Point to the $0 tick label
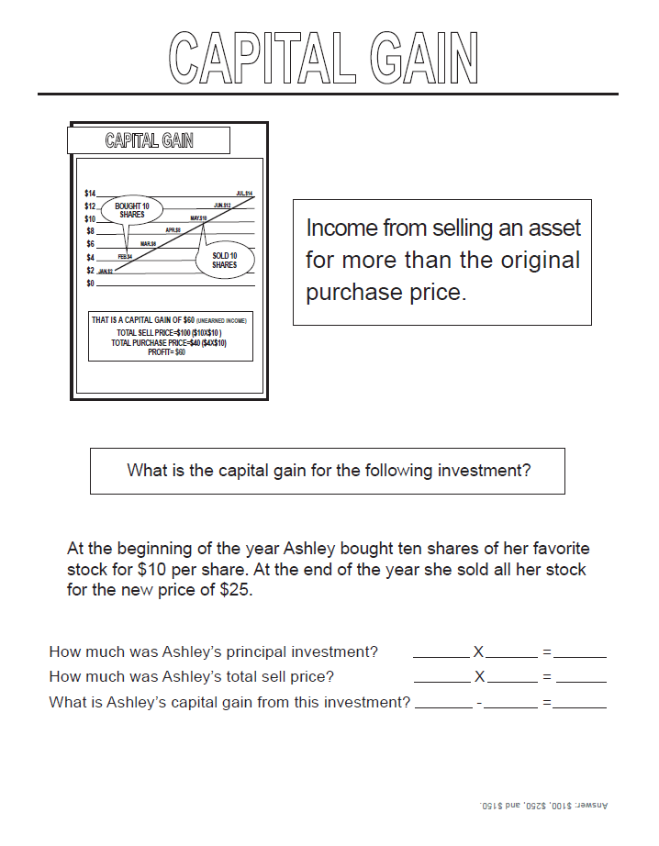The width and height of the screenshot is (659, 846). [89, 284]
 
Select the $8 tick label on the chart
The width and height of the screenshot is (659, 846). [89, 232]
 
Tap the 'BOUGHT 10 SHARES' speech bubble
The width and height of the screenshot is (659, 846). [132, 209]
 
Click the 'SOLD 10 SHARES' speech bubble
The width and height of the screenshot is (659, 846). [224, 261]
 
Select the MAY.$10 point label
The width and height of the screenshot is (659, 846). [198, 217]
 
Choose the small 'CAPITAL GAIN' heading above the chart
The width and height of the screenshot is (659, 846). [149, 140]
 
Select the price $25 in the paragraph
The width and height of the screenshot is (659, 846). [236, 589]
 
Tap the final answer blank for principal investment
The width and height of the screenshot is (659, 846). [580, 653]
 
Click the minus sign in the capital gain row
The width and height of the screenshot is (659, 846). [479, 704]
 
